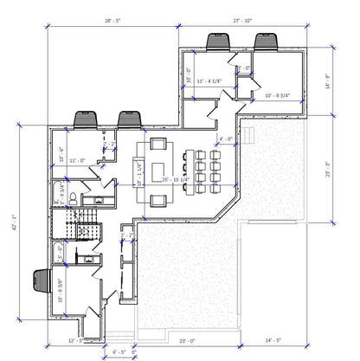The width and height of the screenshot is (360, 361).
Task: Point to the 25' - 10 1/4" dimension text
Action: point(177,179)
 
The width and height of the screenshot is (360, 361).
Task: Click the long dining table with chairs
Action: point(206,170)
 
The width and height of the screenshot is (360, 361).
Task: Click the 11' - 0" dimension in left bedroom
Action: point(77,160)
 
